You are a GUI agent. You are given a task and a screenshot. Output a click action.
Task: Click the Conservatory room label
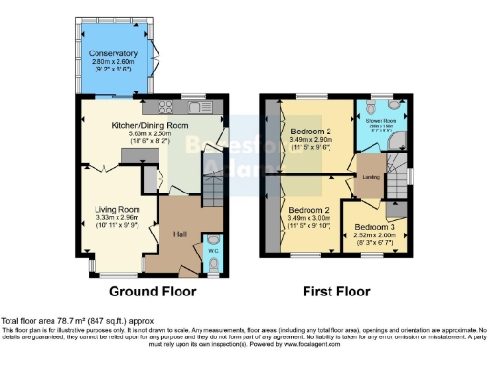[114, 53]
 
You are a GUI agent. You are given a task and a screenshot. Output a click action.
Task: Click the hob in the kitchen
[163, 106]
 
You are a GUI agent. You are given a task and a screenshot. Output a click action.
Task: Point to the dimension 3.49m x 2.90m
[309, 141]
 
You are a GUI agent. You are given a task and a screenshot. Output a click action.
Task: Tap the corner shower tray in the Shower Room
[398, 140]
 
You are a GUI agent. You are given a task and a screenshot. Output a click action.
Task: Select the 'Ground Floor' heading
[153, 291]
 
